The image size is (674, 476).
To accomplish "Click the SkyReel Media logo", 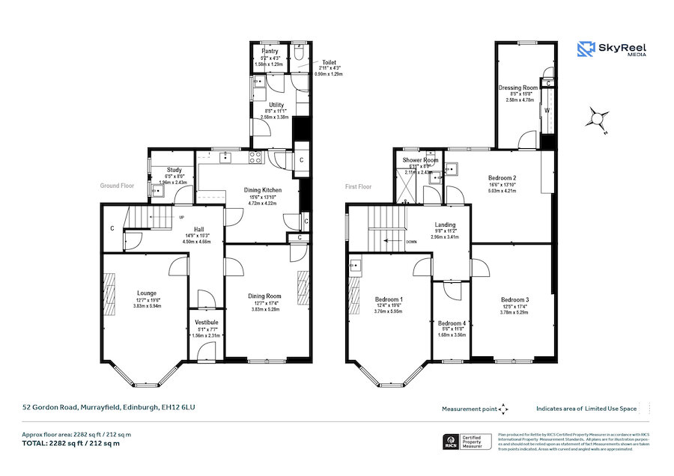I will [612, 50].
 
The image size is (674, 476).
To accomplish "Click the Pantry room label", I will [270, 51].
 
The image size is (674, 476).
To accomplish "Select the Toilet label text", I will [330, 63].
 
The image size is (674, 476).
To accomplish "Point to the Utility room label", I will [276, 106].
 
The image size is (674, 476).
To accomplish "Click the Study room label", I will [174, 170].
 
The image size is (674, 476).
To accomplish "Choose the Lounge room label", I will [146, 293].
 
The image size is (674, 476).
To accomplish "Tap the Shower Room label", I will [420, 160].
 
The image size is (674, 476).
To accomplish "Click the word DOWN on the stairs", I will [411, 242].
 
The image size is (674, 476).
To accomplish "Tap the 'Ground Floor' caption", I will [117, 186].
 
